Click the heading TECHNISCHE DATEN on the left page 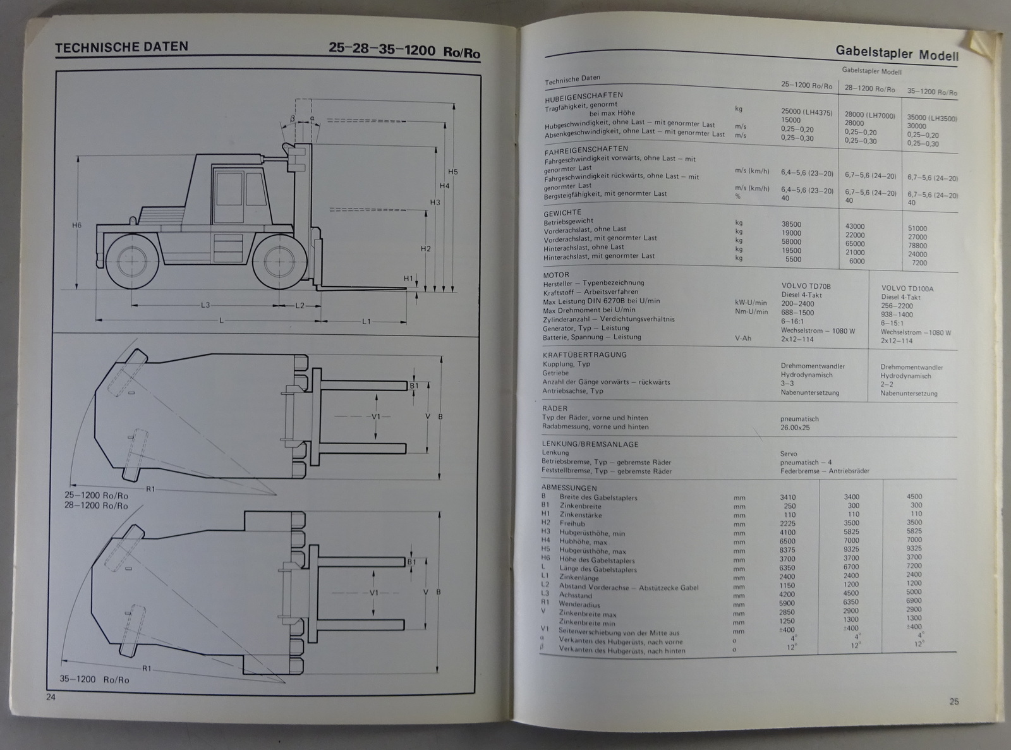121,47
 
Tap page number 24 51,697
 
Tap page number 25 953,701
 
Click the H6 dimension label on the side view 76,224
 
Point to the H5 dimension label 452,172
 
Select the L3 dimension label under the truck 205,306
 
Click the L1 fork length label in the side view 366,322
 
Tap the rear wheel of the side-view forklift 133,260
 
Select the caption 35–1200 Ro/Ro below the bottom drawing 95,679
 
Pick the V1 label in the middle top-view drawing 376,416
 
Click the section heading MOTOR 556,275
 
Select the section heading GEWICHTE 562,212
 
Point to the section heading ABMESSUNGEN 569,488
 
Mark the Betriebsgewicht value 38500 791,224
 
